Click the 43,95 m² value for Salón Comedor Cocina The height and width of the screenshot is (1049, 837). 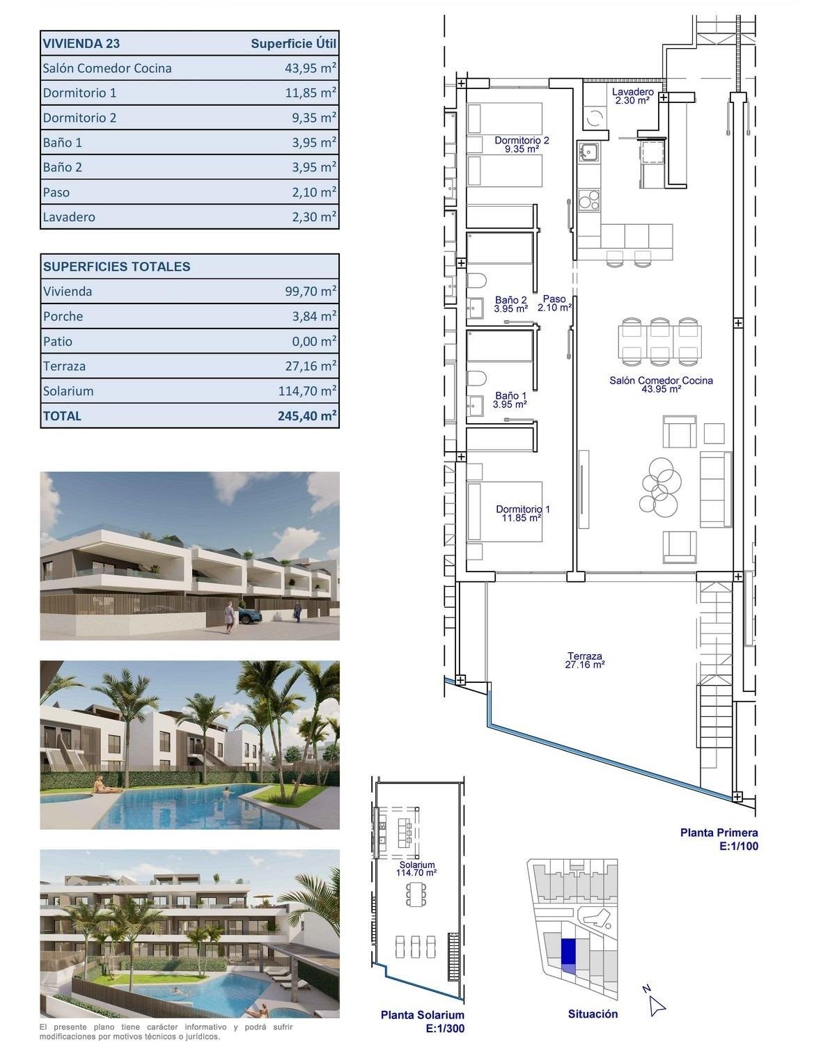(x=306, y=68)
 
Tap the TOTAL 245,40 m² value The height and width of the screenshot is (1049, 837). (x=307, y=416)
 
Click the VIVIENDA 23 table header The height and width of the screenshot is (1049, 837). (x=81, y=43)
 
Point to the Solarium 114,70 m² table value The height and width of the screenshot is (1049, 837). (x=307, y=391)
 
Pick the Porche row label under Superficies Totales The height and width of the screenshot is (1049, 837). (x=63, y=317)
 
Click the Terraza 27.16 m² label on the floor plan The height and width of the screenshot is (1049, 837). (x=584, y=660)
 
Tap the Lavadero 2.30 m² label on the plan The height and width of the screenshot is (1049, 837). (x=632, y=96)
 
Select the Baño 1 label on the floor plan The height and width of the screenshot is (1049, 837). (x=510, y=400)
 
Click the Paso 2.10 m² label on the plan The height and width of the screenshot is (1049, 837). (x=554, y=303)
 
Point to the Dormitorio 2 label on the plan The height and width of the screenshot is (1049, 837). (x=522, y=144)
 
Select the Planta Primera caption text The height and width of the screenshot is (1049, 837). (x=719, y=833)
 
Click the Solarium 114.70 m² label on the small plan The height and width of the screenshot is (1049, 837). (x=416, y=869)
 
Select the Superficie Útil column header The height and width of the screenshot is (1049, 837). (x=293, y=43)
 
